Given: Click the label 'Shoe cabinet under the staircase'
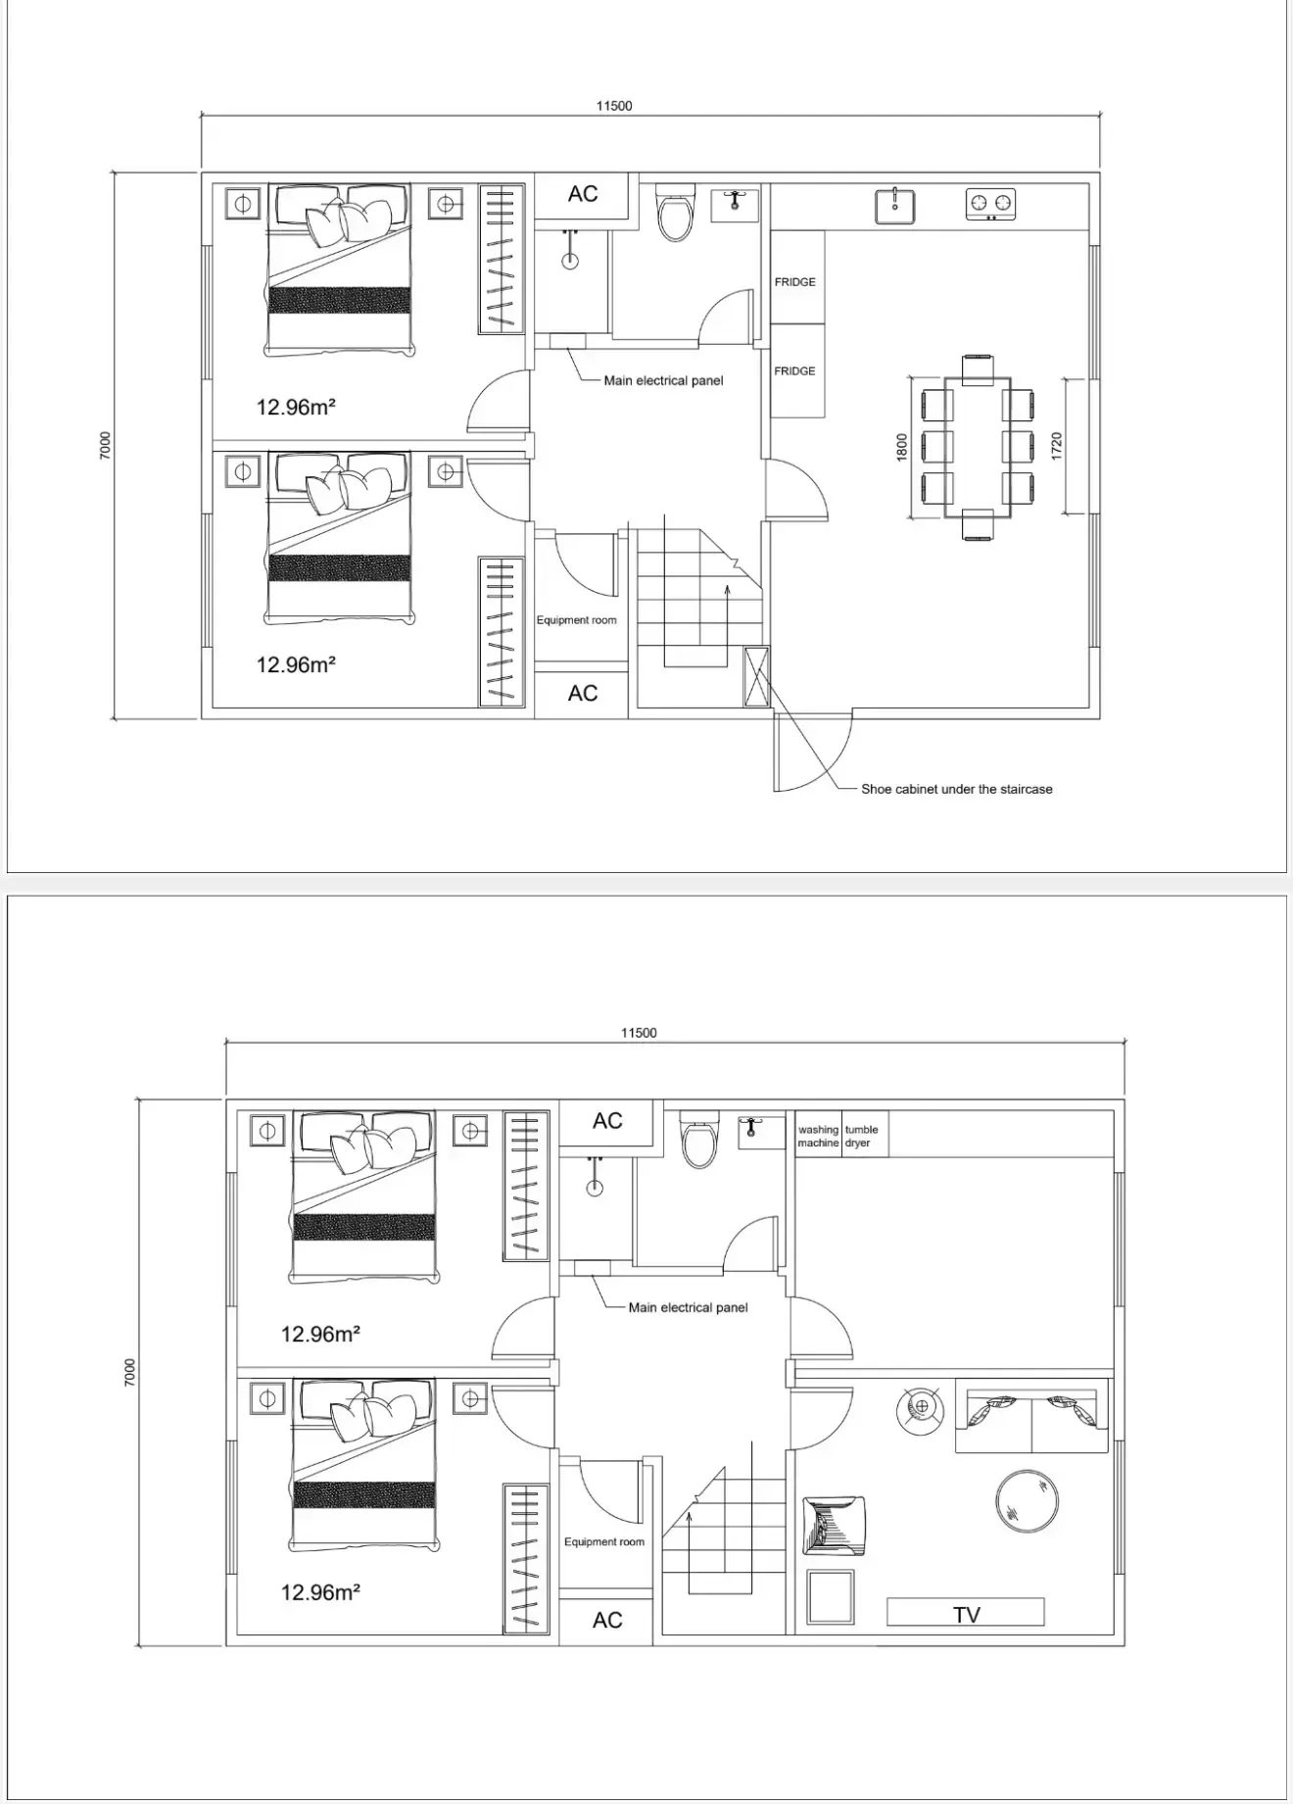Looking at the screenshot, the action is pyautogui.click(x=956, y=789).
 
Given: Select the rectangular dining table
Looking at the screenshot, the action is pyautogui.click(x=978, y=448).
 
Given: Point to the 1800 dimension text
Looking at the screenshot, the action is pyautogui.click(x=902, y=447).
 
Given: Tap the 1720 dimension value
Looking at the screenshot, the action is pyautogui.click(x=1056, y=447).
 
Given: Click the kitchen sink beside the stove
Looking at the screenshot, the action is pyautogui.click(x=895, y=206).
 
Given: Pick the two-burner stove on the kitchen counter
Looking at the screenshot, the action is pyautogui.click(x=991, y=204).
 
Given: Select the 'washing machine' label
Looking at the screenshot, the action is pyautogui.click(x=818, y=1136).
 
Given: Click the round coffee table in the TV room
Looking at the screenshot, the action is pyautogui.click(x=1028, y=1500).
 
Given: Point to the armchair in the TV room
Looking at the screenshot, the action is pyautogui.click(x=834, y=1525).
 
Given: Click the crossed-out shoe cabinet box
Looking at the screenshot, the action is pyautogui.click(x=756, y=676).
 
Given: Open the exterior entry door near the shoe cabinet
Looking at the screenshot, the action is pyautogui.click(x=814, y=753).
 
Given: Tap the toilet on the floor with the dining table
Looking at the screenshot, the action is pyautogui.click(x=675, y=212).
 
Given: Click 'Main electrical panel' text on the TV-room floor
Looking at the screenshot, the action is pyautogui.click(x=688, y=1307).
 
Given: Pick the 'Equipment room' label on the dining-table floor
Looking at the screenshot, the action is pyautogui.click(x=576, y=620).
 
